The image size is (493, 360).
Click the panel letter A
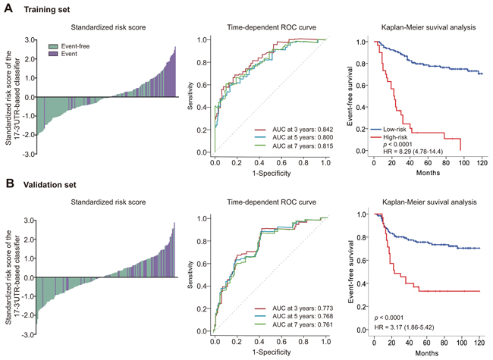point(7,9)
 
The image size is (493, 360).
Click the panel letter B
point(7,183)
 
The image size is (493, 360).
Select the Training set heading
point(45,9)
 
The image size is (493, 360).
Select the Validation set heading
point(48,183)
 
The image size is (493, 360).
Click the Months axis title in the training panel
point(425,174)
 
